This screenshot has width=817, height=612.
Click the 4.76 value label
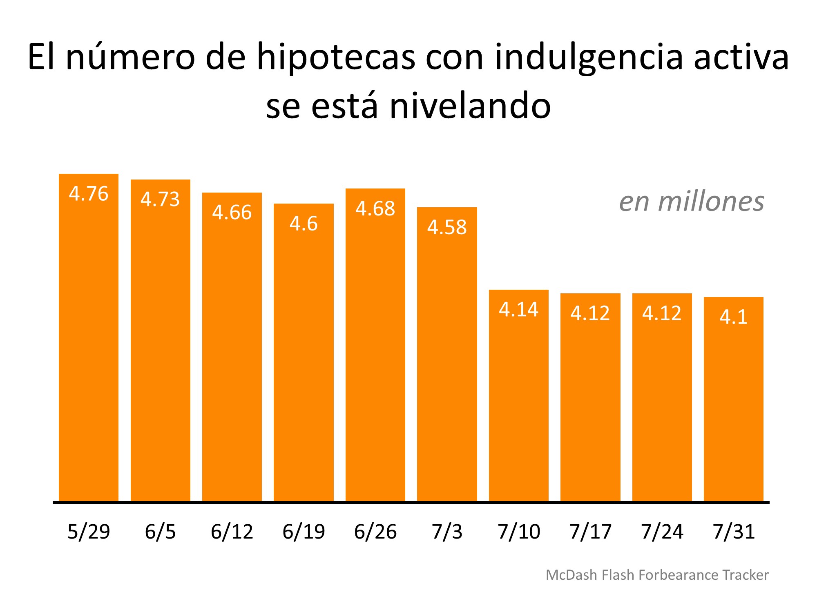pyautogui.click(x=89, y=193)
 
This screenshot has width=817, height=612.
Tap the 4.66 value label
pyautogui.click(x=232, y=213)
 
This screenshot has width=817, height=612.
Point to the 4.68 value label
pyautogui.click(x=375, y=208)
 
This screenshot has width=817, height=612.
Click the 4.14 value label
pyautogui.click(x=519, y=309)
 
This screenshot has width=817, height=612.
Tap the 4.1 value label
pyautogui.click(x=734, y=317)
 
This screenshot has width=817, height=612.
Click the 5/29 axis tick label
pyautogui.click(x=89, y=532)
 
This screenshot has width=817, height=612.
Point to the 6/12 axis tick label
pyautogui.click(x=232, y=532)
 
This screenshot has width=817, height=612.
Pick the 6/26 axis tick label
pyautogui.click(x=375, y=532)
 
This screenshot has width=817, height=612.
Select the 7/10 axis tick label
pyautogui.click(x=519, y=532)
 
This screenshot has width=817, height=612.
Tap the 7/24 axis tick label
pyautogui.click(x=662, y=532)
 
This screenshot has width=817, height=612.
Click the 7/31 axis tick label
pyautogui.click(x=734, y=532)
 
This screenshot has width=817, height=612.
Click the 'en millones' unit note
pyautogui.click(x=692, y=202)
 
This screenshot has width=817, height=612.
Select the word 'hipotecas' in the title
pyautogui.click(x=336, y=58)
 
